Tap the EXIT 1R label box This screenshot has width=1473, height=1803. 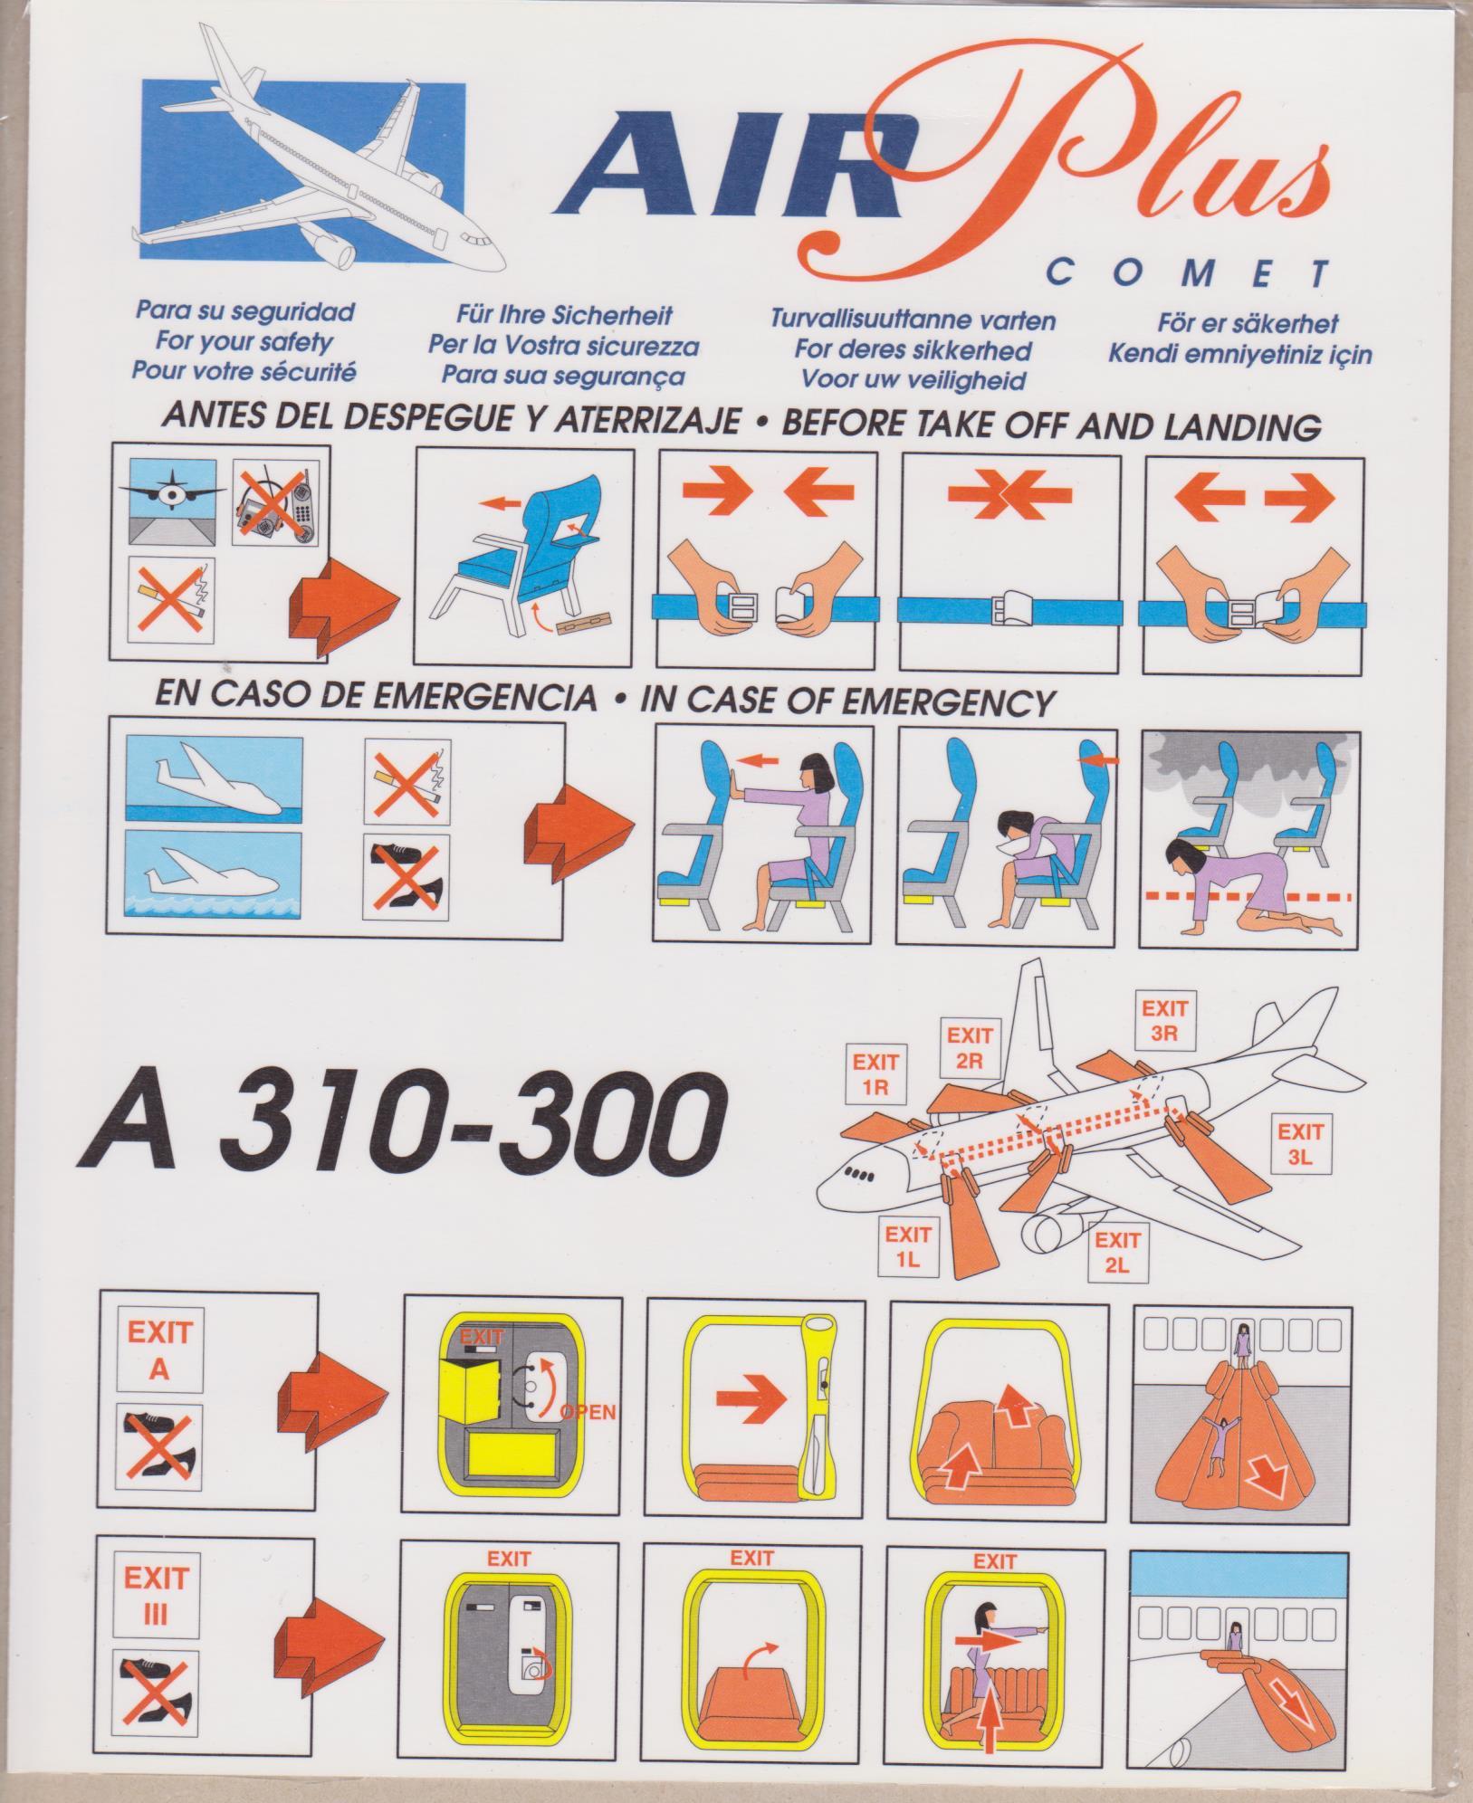tap(875, 1074)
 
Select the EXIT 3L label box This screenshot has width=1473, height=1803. tap(1299, 1145)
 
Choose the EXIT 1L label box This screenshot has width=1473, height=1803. tap(908, 1245)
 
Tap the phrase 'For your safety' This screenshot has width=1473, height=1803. tap(244, 342)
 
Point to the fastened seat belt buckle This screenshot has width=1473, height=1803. tap(1010, 607)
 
